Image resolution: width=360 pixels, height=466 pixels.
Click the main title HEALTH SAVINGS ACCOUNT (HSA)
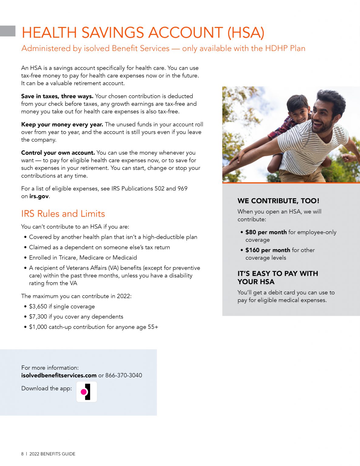(x=143, y=33)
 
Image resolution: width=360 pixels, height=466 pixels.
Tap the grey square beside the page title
(x=8, y=31)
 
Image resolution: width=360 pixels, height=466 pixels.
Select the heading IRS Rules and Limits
(x=63, y=214)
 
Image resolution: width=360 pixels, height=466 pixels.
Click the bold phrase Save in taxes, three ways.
(x=57, y=96)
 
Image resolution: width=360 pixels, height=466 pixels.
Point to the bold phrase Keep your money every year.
(x=62, y=124)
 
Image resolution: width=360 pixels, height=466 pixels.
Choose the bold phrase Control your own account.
(x=58, y=153)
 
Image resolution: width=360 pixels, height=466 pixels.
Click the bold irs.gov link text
(x=39, y=196)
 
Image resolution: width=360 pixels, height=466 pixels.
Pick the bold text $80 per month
(x=266, y=232)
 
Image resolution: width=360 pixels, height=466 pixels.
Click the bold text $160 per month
(x=268, y=250)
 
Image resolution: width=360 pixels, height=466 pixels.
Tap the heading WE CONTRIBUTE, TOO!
(x=278, y=201)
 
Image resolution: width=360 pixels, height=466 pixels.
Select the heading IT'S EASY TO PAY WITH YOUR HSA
(x=278, y=278)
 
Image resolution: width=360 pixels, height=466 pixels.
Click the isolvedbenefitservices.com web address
(x=59, y=375)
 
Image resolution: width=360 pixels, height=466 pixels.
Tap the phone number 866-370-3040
(x=124, y=375)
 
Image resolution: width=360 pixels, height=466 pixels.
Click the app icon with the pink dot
(x=86, y=392)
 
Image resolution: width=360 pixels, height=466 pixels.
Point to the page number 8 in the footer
(x=22, y=454)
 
